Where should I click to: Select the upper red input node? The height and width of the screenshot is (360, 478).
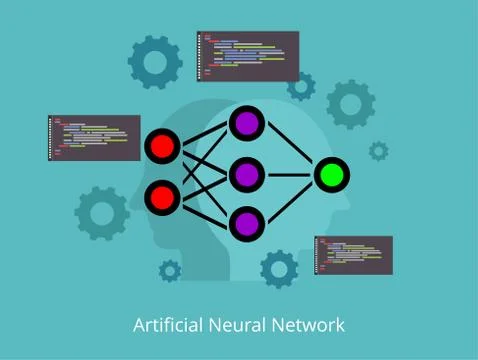162,147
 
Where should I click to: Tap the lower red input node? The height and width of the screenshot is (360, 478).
162,197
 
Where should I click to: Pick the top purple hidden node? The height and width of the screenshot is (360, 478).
246,124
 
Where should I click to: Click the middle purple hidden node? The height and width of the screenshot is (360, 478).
246,175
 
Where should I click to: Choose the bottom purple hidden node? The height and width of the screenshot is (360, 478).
246,223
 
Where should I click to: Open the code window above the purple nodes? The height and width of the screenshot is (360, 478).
247,55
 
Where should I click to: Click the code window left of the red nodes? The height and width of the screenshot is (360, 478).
94,137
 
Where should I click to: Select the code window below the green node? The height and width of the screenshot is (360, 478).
353,255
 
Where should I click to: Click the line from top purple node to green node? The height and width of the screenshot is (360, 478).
290,149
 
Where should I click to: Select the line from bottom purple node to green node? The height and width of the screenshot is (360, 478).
290,199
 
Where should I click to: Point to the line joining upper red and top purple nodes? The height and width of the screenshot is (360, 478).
204,136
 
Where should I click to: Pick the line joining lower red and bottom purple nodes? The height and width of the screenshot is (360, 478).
204,210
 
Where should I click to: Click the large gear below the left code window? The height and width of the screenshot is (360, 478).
102,212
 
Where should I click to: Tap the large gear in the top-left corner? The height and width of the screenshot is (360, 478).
155,62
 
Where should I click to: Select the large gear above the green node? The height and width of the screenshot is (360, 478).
351,103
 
